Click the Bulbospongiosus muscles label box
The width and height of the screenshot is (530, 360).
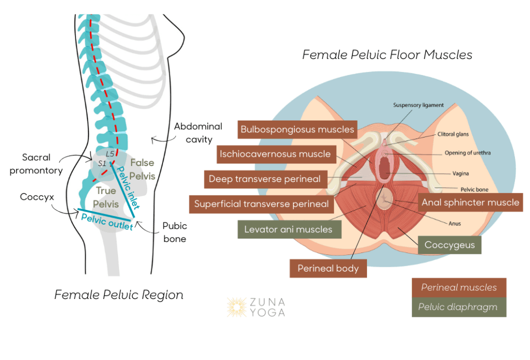pos(298,129)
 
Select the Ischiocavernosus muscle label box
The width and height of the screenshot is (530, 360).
pos(276,154)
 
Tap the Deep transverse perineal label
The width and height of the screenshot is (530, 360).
pos(266,179)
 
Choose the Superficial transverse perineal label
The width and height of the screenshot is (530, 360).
pos(261,204)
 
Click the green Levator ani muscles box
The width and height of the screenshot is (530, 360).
pos(289,229)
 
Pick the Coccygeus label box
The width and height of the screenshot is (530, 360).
pos(450,245)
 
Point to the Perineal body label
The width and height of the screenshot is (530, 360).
pos(328,268)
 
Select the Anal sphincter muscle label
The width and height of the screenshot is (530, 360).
pos(470,202)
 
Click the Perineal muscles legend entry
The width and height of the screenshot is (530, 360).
pos(459,288)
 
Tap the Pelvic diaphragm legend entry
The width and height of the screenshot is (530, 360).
pos(459,307)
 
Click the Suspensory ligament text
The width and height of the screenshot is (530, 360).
pos(418,105)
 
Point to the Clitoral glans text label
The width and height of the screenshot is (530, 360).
pos(453,134)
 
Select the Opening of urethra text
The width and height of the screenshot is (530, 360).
pos(467,153)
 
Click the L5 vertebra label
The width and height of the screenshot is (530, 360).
pos(110,154)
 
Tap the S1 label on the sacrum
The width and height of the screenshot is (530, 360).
pos(102,163)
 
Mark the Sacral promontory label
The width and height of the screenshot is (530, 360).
pos(36,164)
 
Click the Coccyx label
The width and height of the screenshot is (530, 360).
pos(37,197)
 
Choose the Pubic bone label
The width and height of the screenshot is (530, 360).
pos(175,232)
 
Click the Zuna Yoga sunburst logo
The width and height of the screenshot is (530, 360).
pos(237,307)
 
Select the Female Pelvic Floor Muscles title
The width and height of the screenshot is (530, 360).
pos(387,55)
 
